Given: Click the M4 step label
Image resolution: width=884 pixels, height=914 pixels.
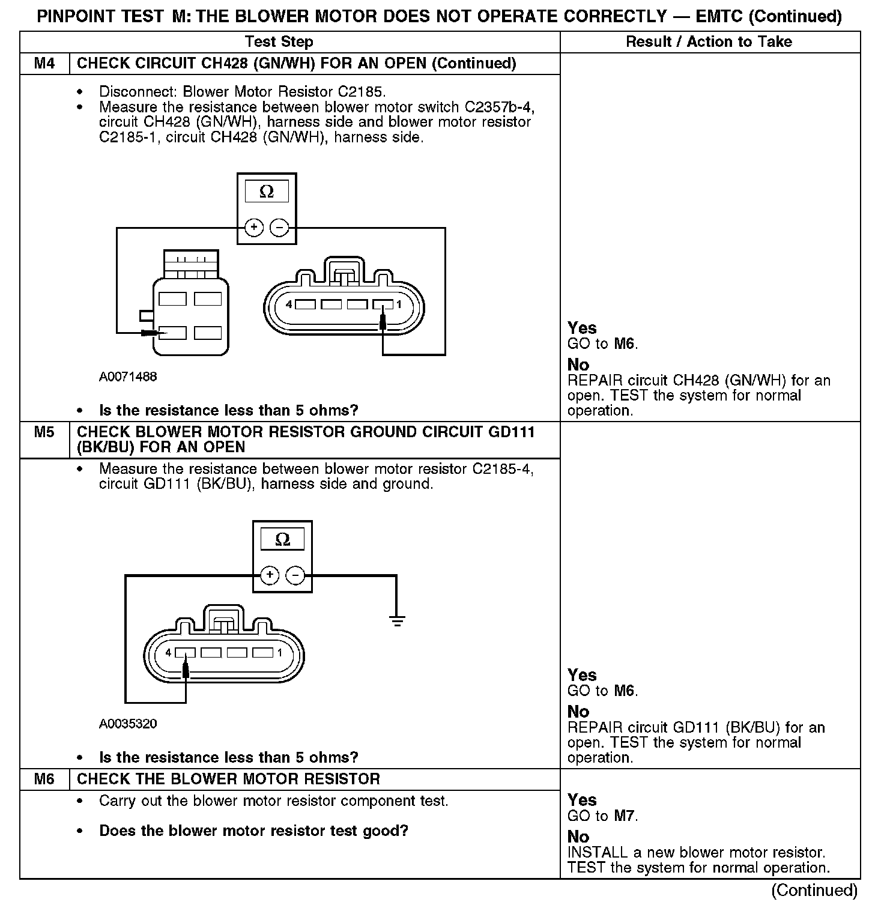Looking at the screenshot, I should [x=44, y=64].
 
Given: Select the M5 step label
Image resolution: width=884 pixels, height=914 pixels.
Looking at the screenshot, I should [x=44, y=432].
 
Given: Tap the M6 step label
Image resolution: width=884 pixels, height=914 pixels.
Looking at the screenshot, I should [x=44, y=779].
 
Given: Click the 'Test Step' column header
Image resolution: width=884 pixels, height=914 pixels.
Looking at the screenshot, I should [x=279, y=42].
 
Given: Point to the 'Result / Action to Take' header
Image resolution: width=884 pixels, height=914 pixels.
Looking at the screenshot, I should [x=709, y=42].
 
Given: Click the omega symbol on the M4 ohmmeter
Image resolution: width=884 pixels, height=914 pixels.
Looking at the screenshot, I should [x=267, y=192].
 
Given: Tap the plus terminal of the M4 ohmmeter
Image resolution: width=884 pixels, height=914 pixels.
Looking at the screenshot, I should [x=254, y=228].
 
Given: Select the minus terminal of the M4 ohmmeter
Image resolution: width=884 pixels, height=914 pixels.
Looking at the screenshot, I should [x=279, y=228].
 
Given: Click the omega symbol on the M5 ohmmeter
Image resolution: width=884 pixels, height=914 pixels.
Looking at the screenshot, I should [x=282, y=539].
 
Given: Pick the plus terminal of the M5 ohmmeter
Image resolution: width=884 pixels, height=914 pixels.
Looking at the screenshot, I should [x=270, y=575].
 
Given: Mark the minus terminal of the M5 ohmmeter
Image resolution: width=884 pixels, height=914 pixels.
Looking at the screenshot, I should [x=295, y=575].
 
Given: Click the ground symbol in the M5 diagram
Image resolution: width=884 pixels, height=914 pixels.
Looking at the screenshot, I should [x=396, y=621].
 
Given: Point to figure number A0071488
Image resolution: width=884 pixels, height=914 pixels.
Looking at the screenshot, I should [x=128, y=377].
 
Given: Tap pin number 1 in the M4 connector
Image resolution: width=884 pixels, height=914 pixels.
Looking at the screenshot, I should [x=398, y=305].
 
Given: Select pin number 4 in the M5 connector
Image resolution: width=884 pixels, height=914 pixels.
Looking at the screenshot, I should [x=169, y=653].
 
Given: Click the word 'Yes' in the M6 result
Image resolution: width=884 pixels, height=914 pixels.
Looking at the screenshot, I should [x=582, y=800].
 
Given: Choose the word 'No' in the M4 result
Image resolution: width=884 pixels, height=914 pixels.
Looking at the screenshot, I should [x=578, y=365].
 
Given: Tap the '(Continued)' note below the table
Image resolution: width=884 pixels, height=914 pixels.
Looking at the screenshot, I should [x=814, y=890].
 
